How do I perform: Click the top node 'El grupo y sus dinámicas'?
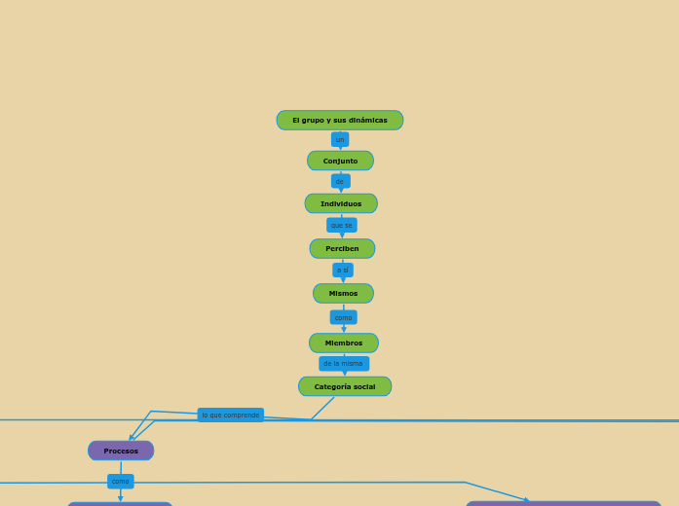pos(339,121)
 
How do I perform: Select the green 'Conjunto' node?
pos(340,161)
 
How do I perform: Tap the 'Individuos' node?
pos(341,203)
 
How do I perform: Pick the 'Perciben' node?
pos(342,248)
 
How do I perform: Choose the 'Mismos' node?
pos(343,293)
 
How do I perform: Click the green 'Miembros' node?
pos(344,343)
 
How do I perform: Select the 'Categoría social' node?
pos(345,386)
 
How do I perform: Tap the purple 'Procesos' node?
pos(121,451)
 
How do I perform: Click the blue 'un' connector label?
pos(340,139)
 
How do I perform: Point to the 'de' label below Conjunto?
pos(340,181)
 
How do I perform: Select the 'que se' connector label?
pos(342,225)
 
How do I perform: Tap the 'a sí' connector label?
pos(343,270)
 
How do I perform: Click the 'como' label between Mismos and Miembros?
pos(344,317)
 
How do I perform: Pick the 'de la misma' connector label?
pos(344,363)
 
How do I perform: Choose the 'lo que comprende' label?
pos(231,415)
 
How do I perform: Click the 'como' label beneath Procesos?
pos(121,481)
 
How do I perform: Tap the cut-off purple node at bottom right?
pos(563,503)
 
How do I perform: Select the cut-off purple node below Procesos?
pos(120,503)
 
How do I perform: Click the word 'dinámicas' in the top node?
pos(367,121)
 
